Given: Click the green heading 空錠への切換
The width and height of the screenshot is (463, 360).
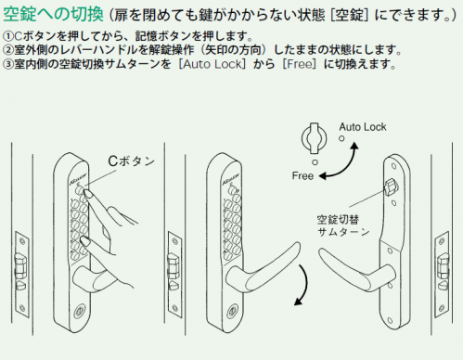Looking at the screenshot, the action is click(53, 14).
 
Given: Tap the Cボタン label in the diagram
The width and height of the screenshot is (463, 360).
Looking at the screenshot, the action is click(131, 161).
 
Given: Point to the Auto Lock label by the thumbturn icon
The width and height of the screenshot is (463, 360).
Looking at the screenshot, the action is click(363, 127).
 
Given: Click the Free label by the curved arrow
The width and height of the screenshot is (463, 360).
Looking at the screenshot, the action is click(302, 176).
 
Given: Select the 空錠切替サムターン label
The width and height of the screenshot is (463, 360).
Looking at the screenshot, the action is click(343, 225).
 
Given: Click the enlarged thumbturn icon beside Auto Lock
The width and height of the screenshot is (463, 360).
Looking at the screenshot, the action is click(315, 138).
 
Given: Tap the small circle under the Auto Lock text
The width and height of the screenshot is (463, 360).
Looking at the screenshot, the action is click(341, 138).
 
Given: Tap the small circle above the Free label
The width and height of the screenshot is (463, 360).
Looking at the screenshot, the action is click(315, 162).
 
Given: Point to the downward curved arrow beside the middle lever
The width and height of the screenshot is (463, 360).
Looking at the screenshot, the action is click(306, 283).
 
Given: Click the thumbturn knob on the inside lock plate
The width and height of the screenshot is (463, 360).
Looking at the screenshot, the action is click(391, 186).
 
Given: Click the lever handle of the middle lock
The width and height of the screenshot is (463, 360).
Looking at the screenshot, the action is click(262, 266).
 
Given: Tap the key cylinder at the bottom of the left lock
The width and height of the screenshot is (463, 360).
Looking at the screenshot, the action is click(79, 311).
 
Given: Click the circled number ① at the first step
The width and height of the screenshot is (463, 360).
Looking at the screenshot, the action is click(7, 36).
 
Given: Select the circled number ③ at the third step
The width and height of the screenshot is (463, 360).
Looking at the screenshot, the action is click(7, 64).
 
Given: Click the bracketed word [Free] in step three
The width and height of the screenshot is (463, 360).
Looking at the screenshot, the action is click(300, 64).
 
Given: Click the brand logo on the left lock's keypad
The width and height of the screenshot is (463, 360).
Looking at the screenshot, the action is click(78, 178).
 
